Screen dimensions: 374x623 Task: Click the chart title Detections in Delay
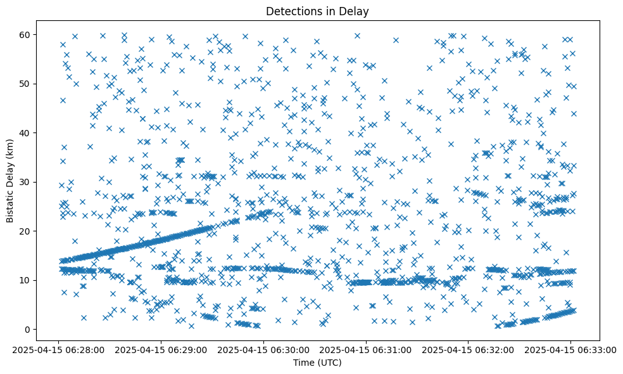[317, 11]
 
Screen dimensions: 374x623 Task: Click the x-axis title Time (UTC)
[317, 363]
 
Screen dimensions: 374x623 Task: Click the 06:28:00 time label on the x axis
[58, 349]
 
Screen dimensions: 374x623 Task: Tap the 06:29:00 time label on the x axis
[161, 349]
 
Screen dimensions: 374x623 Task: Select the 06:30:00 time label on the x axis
[263, 349]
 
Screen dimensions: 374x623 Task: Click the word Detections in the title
[292, 11]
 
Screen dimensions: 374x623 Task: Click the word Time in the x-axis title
[303, 363]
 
